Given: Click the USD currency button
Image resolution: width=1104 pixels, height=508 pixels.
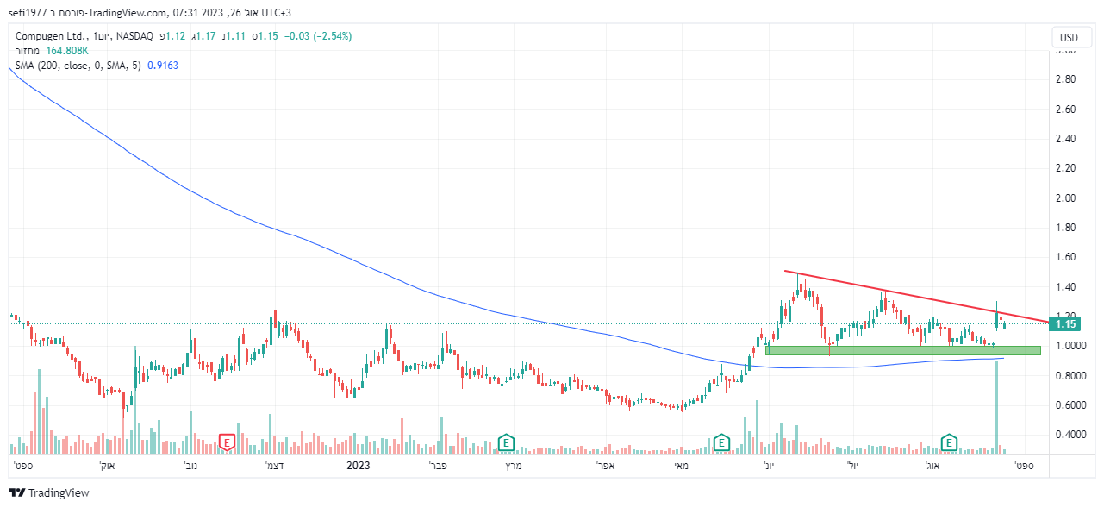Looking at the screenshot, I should click(x=1069, y=38).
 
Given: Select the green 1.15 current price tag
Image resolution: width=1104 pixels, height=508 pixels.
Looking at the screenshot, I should click(x=1068, y=324).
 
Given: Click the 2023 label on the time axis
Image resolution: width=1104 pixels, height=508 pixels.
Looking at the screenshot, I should click(x=358, y=466).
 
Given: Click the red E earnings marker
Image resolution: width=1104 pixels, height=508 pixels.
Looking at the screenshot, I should click(x=227, y=442).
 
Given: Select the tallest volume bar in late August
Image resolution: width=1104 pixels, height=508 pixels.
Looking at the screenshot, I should click(x=997, y=405).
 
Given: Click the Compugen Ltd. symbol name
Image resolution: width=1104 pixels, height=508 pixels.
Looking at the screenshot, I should click(x=50, y=36).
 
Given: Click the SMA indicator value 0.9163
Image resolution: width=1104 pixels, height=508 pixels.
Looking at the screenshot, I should click(x=163, y=66).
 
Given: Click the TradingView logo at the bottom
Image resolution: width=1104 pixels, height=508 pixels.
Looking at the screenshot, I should click(x=49, y=493).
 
